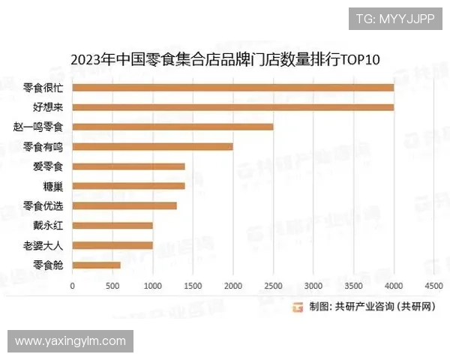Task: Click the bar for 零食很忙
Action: (x=232, y=88)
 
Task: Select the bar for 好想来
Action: (x=232, y=107)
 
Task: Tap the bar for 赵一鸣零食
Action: (x=172, y=127)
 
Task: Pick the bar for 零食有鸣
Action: (x=152, y=146)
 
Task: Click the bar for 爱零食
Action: (x=128, y=166)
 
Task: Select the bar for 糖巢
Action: (x=128, y=186)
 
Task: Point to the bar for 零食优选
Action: (x=124, y=205)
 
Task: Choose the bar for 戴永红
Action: (x=112, y=225)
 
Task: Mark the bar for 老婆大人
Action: (x=112, y=245)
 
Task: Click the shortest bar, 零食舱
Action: (x=96, y=265)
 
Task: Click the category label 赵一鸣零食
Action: (x=38, y=127)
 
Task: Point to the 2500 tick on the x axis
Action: (x=273, y=286)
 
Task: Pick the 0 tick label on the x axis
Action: (x=72, y=286)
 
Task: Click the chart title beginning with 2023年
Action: (x=225, y=58)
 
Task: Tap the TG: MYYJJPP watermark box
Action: (x=394, y=19)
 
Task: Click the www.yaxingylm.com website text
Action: (x=70, y=341)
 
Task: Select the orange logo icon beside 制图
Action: (x=297, y=306)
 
